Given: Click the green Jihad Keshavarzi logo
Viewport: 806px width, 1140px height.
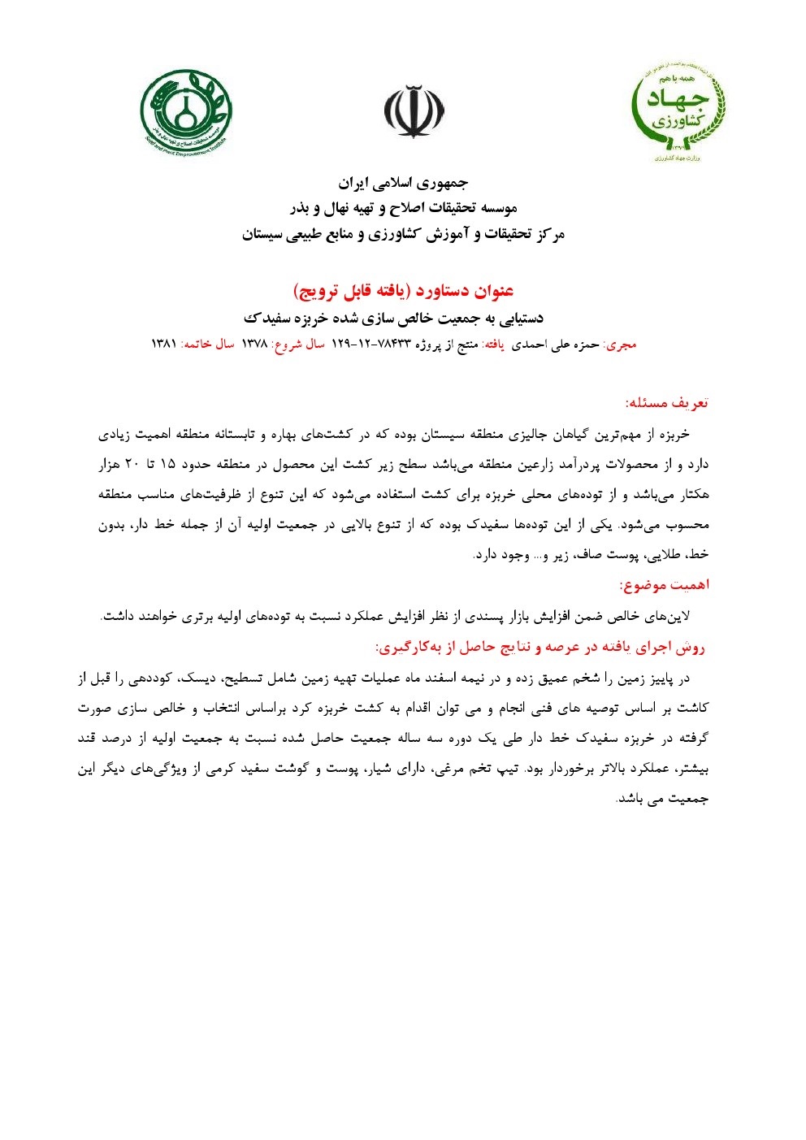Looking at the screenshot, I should (x=678, y=111).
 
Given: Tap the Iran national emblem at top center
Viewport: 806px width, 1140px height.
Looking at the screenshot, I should (x=414, y=111).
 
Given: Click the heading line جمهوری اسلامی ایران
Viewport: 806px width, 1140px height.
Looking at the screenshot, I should (x=403, y=183).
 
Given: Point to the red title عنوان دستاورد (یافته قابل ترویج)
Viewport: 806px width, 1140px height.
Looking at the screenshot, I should (x=403, y=291).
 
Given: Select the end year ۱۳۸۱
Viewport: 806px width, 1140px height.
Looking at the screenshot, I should (x=164, y=345).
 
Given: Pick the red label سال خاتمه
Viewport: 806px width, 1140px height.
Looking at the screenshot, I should (x=207, y=345).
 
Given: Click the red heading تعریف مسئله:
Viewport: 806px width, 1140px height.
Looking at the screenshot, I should (x=667, y=403).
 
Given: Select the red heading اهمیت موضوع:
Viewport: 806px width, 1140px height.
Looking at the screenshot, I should (x=664, y=585).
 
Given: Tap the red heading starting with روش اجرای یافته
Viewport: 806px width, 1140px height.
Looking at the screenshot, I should (x=540, y=648).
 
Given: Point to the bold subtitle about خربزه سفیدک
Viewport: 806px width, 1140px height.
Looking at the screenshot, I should (x=394, y=318).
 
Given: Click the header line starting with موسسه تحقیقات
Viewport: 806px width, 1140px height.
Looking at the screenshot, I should (x=403, y=209).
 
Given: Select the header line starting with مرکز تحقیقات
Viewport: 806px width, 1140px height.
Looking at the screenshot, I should (x=403, y=236).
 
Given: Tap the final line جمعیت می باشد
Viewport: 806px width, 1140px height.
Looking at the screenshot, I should (x=663, y=799).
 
